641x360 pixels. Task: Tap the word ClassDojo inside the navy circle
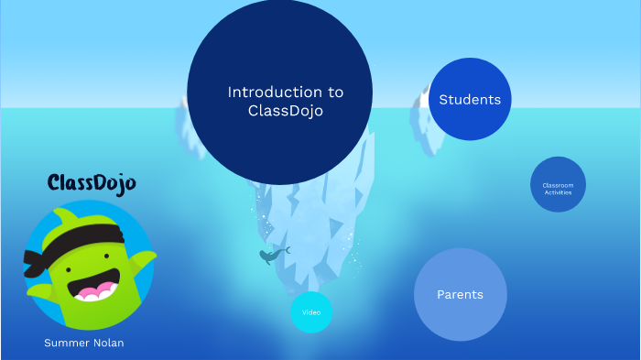[286, 111]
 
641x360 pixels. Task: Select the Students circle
[470, 99]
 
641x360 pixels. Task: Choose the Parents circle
[460, 294]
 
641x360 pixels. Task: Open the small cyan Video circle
[311, 312]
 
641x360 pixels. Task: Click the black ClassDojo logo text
[91, 183]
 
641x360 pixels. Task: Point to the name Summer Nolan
[83, 343]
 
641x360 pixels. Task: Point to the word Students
[470, 99]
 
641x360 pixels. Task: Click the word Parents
[460, 294]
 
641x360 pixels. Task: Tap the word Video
[311, 312]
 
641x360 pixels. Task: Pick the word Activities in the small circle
[558, 192]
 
